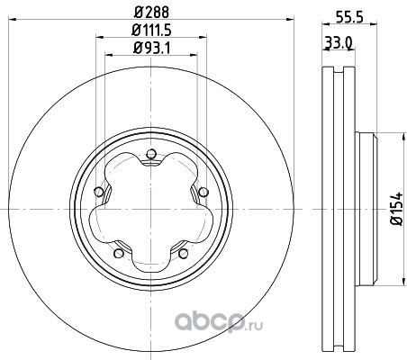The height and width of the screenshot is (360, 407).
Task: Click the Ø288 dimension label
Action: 151,13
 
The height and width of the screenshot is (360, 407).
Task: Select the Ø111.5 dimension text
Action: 151,31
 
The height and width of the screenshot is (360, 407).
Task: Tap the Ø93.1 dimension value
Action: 151,49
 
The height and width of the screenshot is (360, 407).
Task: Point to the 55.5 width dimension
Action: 349,18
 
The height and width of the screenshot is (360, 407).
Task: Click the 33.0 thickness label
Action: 339,44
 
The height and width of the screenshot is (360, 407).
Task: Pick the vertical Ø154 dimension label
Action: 396,209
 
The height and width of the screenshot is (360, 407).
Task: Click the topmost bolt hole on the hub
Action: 151,154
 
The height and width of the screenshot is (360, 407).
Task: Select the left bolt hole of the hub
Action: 98,192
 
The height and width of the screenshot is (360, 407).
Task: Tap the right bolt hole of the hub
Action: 203,192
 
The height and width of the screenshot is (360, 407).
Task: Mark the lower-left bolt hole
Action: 119,254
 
